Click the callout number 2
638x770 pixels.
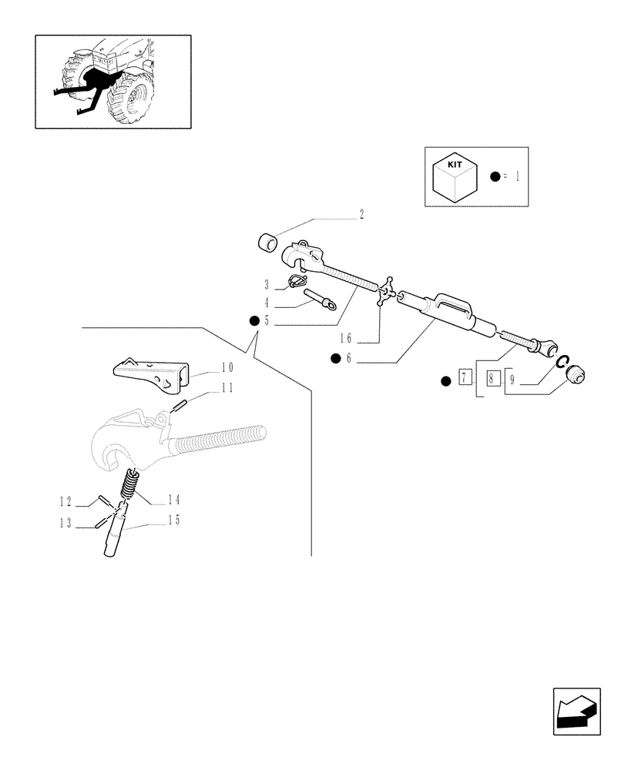click(361, 215)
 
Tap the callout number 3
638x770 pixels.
click(266, 285)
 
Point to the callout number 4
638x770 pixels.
click(266, 303)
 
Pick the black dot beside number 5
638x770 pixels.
click(253, 321)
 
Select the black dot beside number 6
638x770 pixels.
click(335, 358)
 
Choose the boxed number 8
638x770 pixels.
click(490, 379)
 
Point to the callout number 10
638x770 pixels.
click(227, 367)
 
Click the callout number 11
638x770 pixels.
click(227, 389)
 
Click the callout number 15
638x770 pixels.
click(174, 521)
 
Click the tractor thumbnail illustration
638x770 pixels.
click(112, 81)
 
